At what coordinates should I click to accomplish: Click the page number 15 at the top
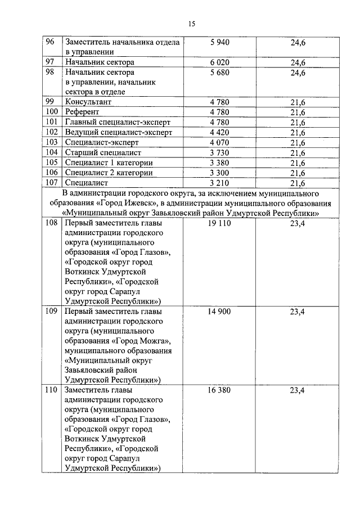click(x=191, y=24)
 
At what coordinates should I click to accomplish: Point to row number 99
click(x=51, y=102)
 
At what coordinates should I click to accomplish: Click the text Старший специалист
click(x=102, y=152)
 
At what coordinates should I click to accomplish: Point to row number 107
click(x=52, y=183)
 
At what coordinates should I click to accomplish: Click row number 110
click(x=52, y=390)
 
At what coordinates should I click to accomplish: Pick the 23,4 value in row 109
click(x=297, y=311)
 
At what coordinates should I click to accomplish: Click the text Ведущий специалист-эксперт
click(x=118, y=132)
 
